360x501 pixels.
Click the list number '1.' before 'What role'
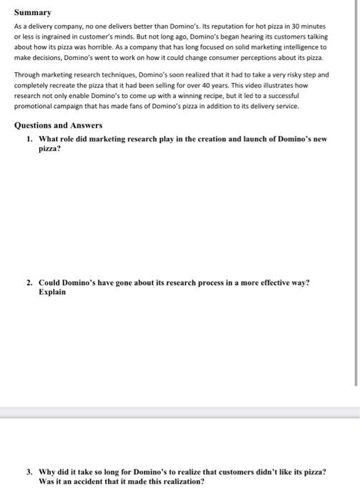click(x=29, y=139)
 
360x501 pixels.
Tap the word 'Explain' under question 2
click(x=52, y=293)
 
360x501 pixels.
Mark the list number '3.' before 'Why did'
click(x=29, y=472)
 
